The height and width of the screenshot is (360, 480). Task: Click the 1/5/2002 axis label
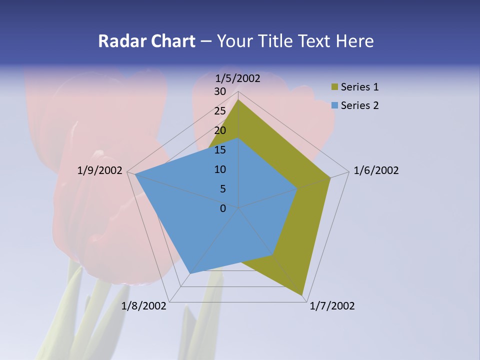click(x=238, y=78)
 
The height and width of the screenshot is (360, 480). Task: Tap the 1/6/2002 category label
click(x=376, y=170)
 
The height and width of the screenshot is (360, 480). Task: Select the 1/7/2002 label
click(x=332, y=306)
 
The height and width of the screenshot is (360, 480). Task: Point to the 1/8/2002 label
click(x=144, y=306)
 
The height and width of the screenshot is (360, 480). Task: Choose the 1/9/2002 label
click(x=100, y=170)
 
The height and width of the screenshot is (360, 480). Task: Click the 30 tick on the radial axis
click(x=220, y=91)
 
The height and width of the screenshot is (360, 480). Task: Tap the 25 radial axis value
click(x=220, y=111)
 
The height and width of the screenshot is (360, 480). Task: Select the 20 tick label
click(x=220, y=130)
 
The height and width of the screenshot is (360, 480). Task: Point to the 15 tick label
click(x=220, y=150)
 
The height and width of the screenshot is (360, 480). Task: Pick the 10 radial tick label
click(x=220, y=169)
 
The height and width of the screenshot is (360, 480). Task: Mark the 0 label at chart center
click(x=223, y=208)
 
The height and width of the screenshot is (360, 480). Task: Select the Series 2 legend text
click(x=359, y=105)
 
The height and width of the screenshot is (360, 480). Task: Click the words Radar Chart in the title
click(x=146, y=41)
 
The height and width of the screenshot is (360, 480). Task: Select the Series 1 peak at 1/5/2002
click(x=238, y=100)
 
